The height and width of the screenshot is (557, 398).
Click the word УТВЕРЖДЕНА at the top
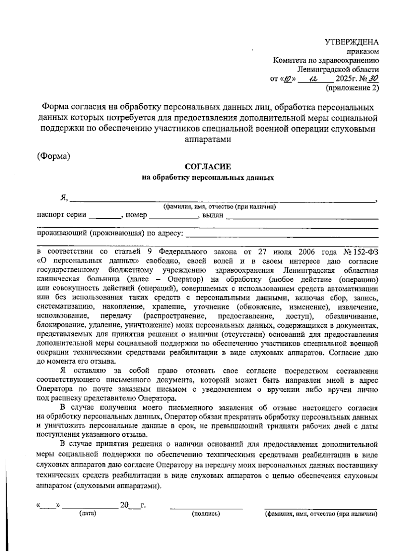coord(351,42)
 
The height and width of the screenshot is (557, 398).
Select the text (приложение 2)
coord(352,88)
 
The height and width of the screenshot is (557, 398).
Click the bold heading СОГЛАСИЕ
coord(208,167)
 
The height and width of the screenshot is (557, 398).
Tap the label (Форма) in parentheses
coord(53,156)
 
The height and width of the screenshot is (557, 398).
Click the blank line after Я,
coord(222,200)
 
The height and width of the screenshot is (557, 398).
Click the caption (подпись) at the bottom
coord(206,514)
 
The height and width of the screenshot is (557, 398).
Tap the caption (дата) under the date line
coord(88,514)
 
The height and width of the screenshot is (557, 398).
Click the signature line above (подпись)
coord(206,507)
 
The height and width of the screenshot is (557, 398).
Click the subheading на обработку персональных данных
coord(208,178)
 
